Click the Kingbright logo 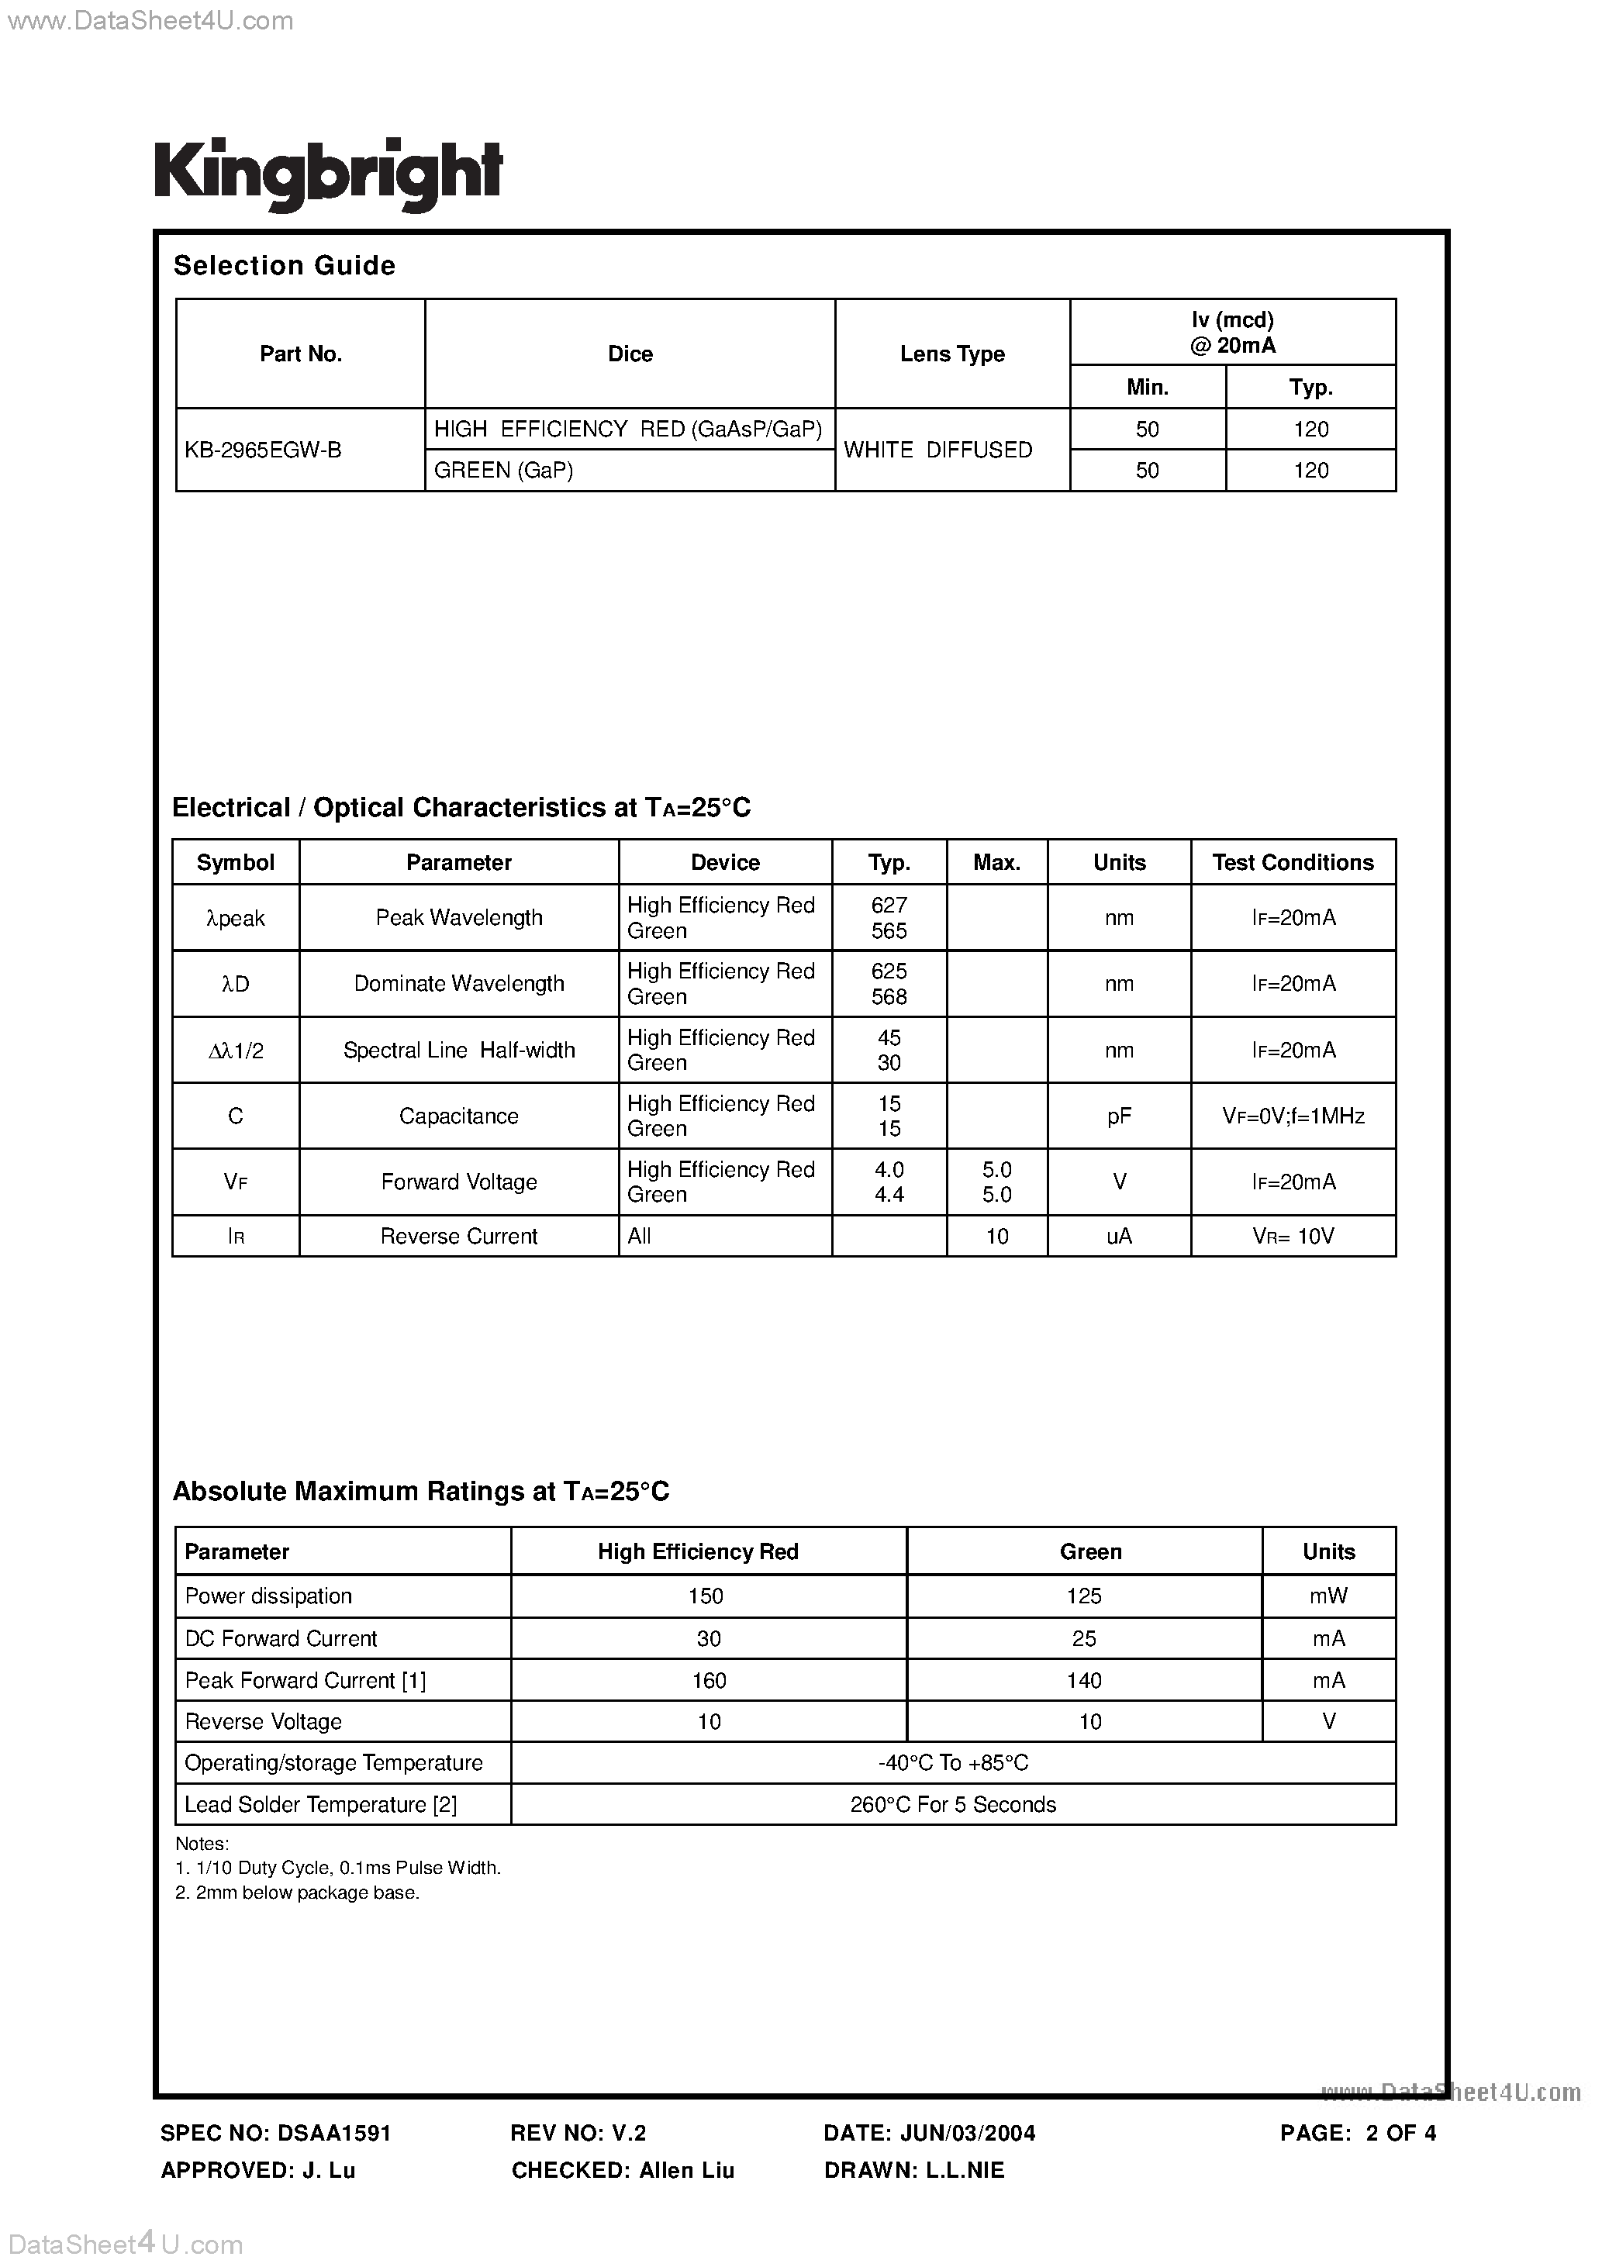click(328, 174)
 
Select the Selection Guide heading click(285, 266)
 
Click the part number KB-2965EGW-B click(263, 450)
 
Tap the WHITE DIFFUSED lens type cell click(937, 450)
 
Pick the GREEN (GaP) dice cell click(504, 471)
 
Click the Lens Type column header click(952, 354)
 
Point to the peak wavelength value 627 click(889, 906)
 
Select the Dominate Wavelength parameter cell click(459, 983)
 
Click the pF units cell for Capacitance click(1119, 1116)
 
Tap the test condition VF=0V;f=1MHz click(1293, 1116)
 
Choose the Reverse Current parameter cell click(459, 1236)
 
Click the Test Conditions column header click(1293, 862)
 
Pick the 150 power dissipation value click(706, 1596)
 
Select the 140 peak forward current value click(1085, 1681)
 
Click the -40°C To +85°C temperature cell click(953, 1764)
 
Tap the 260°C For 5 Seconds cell click(953, 1805)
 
